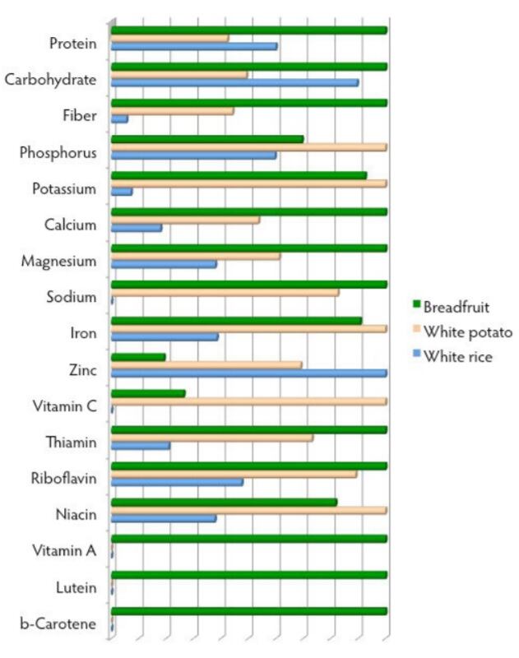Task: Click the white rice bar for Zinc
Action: pyautogui.click(x=248, y=373)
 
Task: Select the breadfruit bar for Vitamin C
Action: pyautogui.click(x=148, y=393)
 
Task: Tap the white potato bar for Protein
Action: pyautogui.click(x=169, y=39)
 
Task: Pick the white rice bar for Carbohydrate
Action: pyautogui.click(x=234, y=83)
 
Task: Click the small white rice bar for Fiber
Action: pyautogui.click(x=119, y=119)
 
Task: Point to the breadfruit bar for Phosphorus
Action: pyautogui.click(x=207, y=139)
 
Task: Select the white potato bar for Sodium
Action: pyautogui.click(x=225, y=292)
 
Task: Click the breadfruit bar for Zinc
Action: pyautogui.click(x=138, y=357)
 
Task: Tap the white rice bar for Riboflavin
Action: pyautogui.click(x=177, y=482)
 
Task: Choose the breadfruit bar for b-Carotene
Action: pyautogui.click(x=248, y=611)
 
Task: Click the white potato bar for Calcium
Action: pyautogui.click(x=185, y=220)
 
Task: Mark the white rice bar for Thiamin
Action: pyautogui.click(x=141, y=446)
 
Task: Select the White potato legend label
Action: pyautogui.click(x=468, y=331)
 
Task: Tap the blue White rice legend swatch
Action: pyautogui.click(x=415, y=356)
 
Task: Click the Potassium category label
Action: pyautogui.click(x=64, y=188)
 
